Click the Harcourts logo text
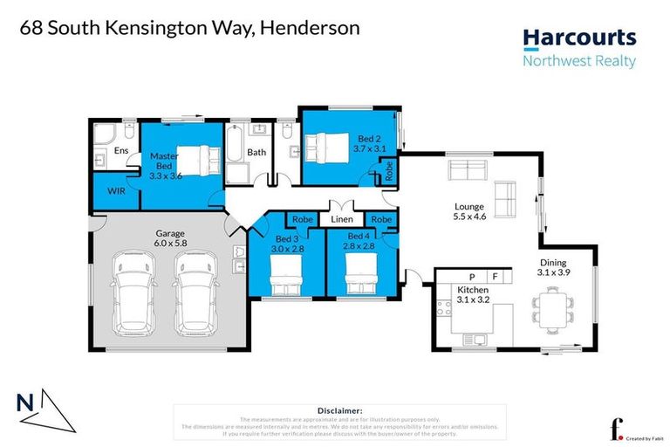pyautogui.click(x=578, y=38)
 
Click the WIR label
pyautogui.click(x=117, y=189)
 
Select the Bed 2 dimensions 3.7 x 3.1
pyautogui.click(x=369, y=149)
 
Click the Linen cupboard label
pyautogui.click(x=341, y=220)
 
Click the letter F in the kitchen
pyautogui.click(x=495, y=277)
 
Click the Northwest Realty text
pyautogui.click(x=578, y=61)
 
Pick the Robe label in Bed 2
pyautogui.click(x=389, y=170)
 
